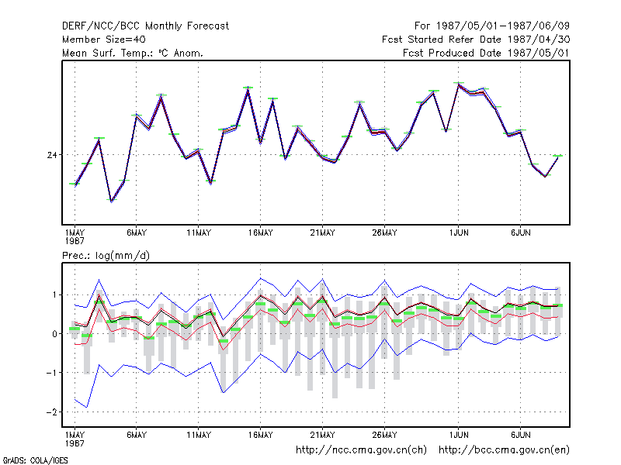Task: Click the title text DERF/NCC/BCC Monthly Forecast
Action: [145, 26]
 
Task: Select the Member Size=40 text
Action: [104, 40]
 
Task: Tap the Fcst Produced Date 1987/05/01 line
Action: [486, 53]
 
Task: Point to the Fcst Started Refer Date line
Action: [476, 40]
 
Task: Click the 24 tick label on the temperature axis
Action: [52, 155]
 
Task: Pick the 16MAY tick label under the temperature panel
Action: [261, 233]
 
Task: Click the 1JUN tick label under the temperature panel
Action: [459, 233]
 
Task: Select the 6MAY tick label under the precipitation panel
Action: [137, 435]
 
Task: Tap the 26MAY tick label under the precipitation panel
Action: [384, 435]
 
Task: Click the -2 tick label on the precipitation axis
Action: [51, 412]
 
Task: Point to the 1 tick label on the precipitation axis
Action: [54, 295]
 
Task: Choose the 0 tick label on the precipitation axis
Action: [54, 334]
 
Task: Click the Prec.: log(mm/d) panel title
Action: [106, 256]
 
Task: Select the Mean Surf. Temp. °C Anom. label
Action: [133, 53]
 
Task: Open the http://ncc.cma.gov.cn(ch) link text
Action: [361, 450]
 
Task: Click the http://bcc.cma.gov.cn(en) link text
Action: [504, 450]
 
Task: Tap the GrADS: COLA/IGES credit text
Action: [35, 460]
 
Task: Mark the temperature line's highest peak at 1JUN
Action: [458, 84]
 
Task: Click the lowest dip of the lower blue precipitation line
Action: [87, 408]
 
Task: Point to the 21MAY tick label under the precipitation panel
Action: [322, 435]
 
